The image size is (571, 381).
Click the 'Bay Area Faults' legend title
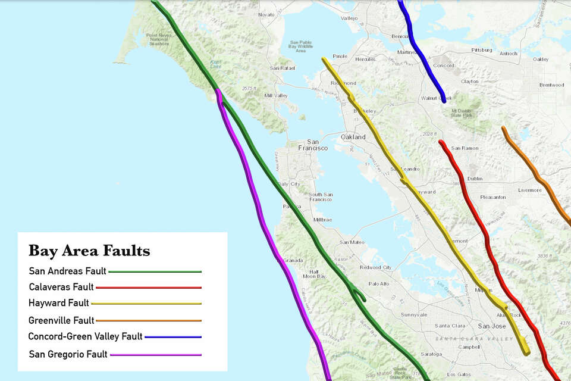click(89, 251)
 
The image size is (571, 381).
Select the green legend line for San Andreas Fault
click(155, 271)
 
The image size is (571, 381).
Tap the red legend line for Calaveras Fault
click(148, 288)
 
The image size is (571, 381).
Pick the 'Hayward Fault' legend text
click(58, 303)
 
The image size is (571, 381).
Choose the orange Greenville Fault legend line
click(148, 320)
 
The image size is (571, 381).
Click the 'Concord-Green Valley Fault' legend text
click(85, 336)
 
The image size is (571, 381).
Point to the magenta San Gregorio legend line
click(156, 355)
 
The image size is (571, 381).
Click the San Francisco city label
click(312, 145)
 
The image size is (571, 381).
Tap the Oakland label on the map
click(353, 137)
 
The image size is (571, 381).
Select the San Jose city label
click(491, 326)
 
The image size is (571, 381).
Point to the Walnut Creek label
click(433, 98)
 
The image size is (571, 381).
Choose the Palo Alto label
click(379, 284)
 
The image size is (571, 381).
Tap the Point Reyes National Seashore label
click(158, 39)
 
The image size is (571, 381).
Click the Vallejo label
click(349, 18)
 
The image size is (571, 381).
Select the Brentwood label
click(551, 85)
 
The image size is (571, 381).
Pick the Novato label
click(267, 15)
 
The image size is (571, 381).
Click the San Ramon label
click(465, 148)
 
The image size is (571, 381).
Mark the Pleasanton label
click(493, 197)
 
